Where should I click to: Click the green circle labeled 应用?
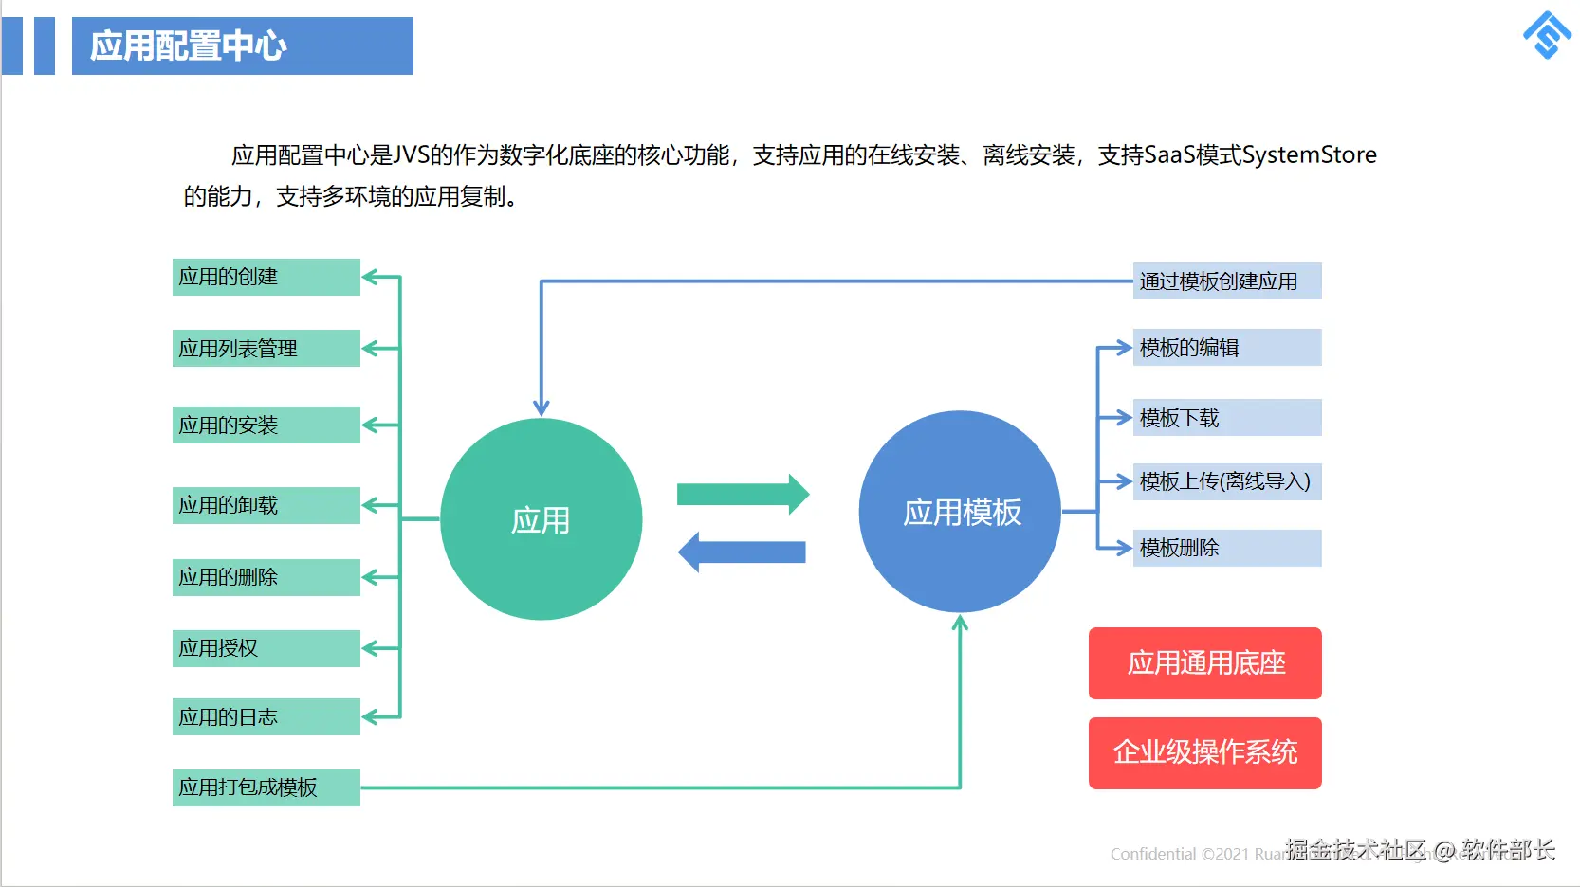coord(541,519)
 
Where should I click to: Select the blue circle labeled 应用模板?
coord(960,512)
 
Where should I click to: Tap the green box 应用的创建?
coord(266,277)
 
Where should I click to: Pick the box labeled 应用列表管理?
coord(266,348)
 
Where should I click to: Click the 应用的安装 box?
coord(266,425)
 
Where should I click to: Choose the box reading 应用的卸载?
coord(266,505)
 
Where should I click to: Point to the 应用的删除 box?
coord(266,577)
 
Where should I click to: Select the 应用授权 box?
coord(266,648)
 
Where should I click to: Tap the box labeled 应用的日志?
coord(266,716)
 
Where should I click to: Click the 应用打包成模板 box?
coord(266,787)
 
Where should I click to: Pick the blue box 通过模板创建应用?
coord(1226,281)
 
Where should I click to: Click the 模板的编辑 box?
coord(1226,348)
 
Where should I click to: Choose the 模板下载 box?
coord(1226,418)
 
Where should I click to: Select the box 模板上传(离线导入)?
coord(1226,481)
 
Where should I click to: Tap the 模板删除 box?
coord(1226,548)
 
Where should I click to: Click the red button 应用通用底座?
coord(1204,663)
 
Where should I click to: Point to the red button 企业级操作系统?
coord(1204,753)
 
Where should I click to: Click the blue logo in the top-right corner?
coord(1547,36)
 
